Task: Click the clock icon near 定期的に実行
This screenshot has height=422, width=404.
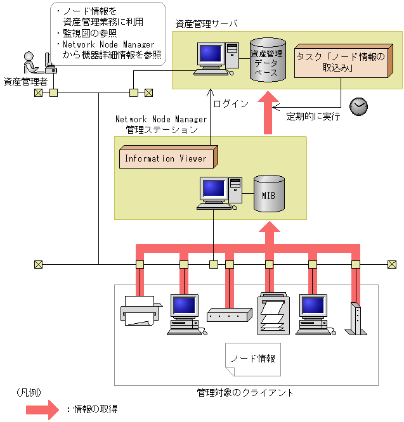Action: pos(359,106)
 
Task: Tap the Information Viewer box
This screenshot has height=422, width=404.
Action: pos(167,158)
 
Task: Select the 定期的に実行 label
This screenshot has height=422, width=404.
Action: pos(313,117)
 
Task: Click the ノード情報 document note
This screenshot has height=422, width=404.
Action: pos(253,359)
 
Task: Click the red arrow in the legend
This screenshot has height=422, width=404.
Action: pos(44,409)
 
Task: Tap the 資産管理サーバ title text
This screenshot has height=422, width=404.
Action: pos(207,23)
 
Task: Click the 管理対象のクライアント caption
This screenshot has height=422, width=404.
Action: pos(245,393)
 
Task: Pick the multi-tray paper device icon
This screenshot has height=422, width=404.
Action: pos(274,314)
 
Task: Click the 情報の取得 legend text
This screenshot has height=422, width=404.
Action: pos(96,409)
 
